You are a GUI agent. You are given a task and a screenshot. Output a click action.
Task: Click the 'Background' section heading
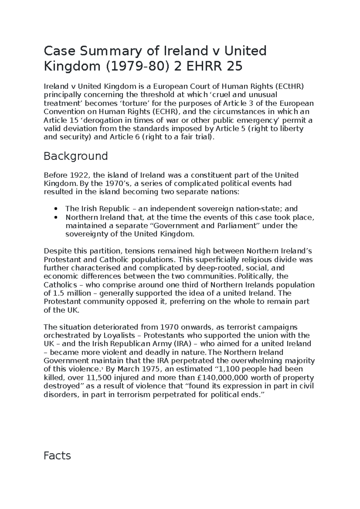pyautogui.click(x=76, y=156)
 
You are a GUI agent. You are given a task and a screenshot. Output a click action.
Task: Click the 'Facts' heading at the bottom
pyautogui.click(x=57, y=456)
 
